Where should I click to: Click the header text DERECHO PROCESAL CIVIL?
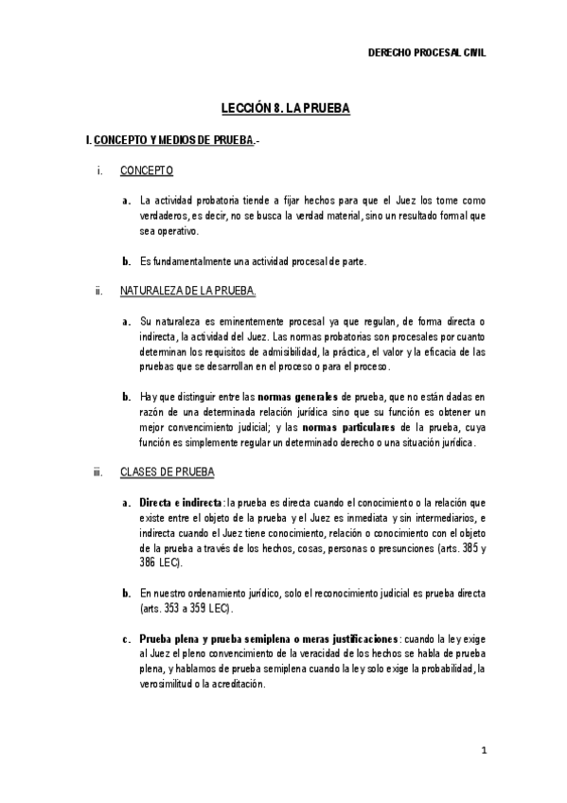pos(426,54)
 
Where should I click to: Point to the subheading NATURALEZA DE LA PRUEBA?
pos(188,292)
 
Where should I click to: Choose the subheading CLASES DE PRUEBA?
pos(168,472)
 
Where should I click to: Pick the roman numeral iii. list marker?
pos(97,472)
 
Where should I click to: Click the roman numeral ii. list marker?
pos(97,292)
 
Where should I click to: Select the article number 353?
pos(174,608)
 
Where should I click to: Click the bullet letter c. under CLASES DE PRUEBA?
pos(126,640)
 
